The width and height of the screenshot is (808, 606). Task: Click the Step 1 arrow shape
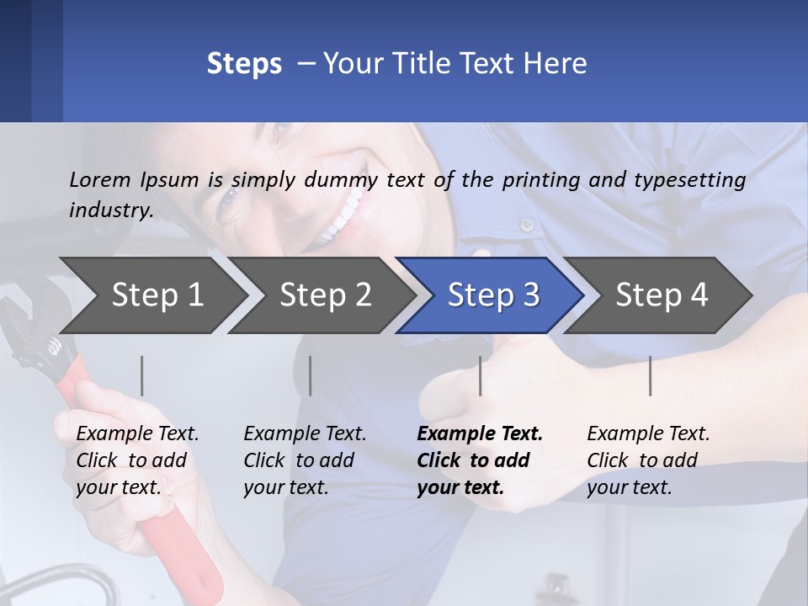pyautogui.click(x=157, y=295)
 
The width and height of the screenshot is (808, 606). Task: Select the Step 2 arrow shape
pyautogui.click(x=325, y=295)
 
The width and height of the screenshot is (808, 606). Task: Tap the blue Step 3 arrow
pyautogui.click(x=493, y=295)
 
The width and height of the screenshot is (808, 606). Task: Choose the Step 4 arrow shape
pyautogui.click(x=662, y=295)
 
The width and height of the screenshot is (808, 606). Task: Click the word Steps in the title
pyautogui.click(x=244, y=64)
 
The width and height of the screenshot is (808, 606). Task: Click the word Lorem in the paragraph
pyautogui.click(x=100, y=179)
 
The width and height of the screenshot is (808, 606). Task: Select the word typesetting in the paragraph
pyautogui.click(x=689, y=180)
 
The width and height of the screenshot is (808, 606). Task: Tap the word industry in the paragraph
pyautogui.click(x=110, y=210)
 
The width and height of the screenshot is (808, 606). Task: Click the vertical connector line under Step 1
pyautogui.click(x=142, y=375)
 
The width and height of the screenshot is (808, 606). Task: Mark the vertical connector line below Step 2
pyautogui.click(x=311, y=375)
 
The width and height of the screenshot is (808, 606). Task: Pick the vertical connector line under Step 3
pyautogui.click(x=481, y=375)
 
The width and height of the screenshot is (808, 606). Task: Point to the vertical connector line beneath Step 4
pyautogui.click(x=650, y=375)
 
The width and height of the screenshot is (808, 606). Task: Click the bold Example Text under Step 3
pyautogui.click(x=480, y=434)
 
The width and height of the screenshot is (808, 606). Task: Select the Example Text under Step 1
pyautogui.click(x=137, y=434)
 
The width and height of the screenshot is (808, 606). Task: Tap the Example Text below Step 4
pyautogui.click(x=648, y=434)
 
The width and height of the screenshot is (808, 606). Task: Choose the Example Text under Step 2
pyautogui.click(x=305, y=434)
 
